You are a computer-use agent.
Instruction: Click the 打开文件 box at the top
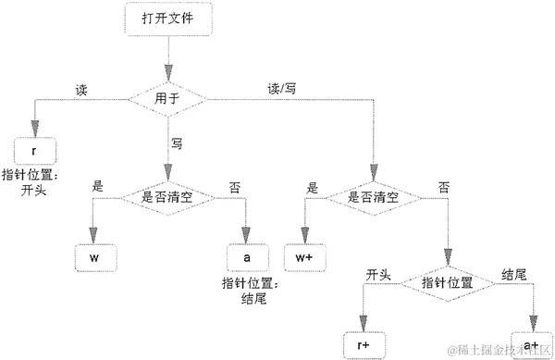[x=168, y=18]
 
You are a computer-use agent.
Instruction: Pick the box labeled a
[x=246, y=255]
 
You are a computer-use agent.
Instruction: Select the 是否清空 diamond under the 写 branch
[x=166, y=197]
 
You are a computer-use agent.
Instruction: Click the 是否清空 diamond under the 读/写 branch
[x=374, y=197]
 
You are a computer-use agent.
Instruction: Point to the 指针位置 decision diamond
[x=448, y=281]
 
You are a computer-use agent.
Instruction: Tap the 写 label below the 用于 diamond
[x=177, y=143]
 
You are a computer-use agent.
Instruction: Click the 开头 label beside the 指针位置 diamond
[x=379, y=274]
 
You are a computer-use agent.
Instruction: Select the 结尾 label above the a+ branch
[x=514, y=274]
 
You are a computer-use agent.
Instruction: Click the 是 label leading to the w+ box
[x=312, y=187]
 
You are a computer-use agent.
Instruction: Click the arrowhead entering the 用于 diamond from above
[x=168, y=73]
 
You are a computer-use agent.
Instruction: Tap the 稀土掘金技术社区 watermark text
[x=499, y=350]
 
